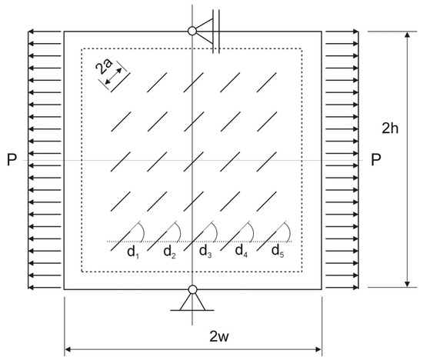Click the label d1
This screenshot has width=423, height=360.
click(x=133, y=252)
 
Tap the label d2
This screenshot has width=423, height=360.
click(x=169, y=252)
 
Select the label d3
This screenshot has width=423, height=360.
click(x=205, y=252)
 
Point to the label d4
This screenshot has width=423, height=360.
click(x=241, y=251)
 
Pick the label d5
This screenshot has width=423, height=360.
click(x=278, y=252)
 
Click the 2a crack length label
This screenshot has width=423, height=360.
click(x=104, y=66)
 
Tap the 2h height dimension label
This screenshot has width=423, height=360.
click(x=390, y=128)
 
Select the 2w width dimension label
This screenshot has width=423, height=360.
click(x=219, y=336)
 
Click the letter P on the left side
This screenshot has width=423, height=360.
click(x=12, y=159)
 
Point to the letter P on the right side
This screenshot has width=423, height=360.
click(x=376, y=159)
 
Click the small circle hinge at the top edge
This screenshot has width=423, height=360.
click(x=192, y=31)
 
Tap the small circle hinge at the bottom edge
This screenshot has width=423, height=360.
click(x=192, y=289)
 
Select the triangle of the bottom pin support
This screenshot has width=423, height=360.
click(x=192, y=302)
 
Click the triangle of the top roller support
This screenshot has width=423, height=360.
click(x=205, y=31)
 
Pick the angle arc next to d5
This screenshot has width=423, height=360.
click(x=288, y=231)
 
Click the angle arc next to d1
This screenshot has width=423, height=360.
click(x=142, y=231)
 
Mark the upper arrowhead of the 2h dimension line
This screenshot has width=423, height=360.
click(x=408, y=35)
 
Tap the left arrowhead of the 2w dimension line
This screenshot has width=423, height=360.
click(x=68, y=349)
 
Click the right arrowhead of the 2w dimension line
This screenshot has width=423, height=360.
click(x=318, y=349)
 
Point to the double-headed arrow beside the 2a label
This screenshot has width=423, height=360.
click(x=113, y=76)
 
